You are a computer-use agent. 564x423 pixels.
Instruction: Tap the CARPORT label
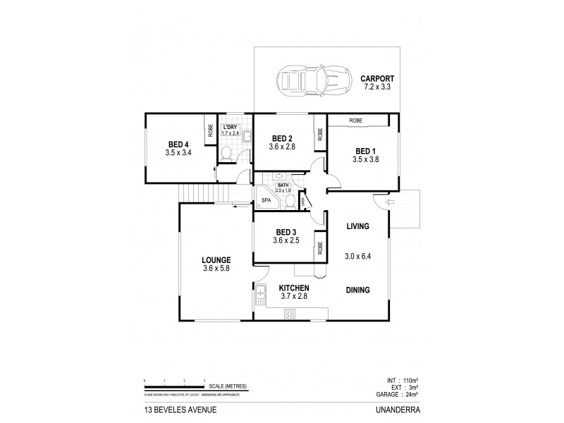click(x=377, y=78)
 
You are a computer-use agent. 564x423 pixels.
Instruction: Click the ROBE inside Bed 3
click(x=320, y=247)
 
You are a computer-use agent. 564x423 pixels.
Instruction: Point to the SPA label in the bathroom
click(x=266, y=200)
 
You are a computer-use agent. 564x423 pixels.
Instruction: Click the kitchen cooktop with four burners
click(x=289, y=314)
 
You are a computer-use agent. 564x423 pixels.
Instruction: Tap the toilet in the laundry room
click(x=224, y=154)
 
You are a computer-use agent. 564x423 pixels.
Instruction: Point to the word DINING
click(x=358, y=290)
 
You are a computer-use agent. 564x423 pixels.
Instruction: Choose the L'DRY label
click(x=230, y=126)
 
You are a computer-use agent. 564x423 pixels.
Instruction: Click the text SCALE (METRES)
click(x=226, y=386)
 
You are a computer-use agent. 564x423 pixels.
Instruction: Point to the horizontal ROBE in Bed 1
click(x=355, y=121)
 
